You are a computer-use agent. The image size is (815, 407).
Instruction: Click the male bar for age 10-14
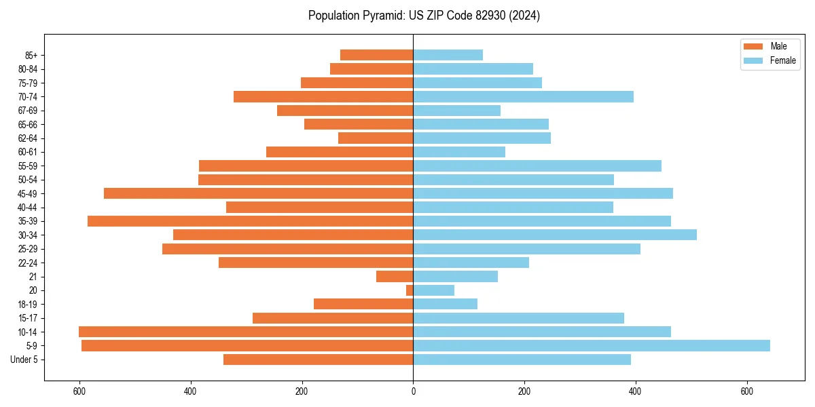(246, 332)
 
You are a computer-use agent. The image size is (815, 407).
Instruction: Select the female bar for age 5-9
(591, 346)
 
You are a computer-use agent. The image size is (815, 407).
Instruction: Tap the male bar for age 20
(410, 290)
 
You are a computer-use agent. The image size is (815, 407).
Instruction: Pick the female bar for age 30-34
(554, 235)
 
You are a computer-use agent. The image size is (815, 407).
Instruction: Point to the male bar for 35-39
(250, 221)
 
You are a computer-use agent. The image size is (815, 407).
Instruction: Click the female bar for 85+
(448, 55)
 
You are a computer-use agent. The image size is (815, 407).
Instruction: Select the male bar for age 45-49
(258, 193)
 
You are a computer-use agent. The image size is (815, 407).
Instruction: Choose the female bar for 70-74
(523, 96)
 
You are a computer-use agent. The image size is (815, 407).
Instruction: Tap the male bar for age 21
(395, 277)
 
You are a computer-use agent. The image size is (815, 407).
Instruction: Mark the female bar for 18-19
(445, 304)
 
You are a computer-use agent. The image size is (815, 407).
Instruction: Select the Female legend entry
(769, 60)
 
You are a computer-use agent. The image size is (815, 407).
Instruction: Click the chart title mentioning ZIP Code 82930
(424, 16)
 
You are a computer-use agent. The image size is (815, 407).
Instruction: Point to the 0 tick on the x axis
(413, 391)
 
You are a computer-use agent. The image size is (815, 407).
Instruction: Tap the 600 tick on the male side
(79, 391)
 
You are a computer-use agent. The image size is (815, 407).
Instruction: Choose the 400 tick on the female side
(635, 391)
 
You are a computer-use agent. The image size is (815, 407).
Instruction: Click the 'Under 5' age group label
(24, 360)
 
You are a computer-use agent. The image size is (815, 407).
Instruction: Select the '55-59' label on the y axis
(28, 166)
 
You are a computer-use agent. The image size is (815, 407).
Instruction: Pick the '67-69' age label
(28, 111)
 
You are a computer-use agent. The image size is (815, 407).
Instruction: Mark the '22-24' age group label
(28, 263)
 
